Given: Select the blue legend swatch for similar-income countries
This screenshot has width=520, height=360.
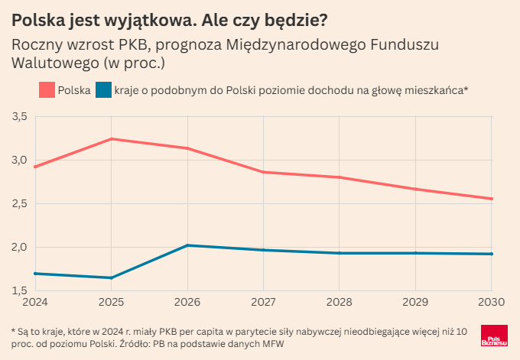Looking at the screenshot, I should (x=103, y=90).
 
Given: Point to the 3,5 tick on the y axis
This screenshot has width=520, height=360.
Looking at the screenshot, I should (x=20, y=116).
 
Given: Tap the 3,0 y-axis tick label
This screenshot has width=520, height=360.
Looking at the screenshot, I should (x=20, y=160).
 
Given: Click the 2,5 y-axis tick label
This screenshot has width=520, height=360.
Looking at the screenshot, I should (x=20, y=203).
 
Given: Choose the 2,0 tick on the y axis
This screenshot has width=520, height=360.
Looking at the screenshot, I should (x=20, y=247).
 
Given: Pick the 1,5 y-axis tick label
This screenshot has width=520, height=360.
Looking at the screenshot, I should (x=20, y=290).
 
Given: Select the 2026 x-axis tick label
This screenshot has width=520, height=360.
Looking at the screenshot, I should (x=187, y=303).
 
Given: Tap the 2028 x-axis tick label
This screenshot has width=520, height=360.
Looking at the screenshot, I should (x=339, y=303).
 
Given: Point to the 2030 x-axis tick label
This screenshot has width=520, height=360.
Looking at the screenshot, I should (x=490, y=303).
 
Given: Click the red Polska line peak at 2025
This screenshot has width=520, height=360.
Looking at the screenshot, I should (x=112, y=139).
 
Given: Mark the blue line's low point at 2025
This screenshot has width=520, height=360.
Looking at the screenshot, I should (x=112, y=277).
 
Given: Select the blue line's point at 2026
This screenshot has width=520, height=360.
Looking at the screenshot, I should (x=187, y=245).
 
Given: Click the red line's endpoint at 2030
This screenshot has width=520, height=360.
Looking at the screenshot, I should (x=491, y=199).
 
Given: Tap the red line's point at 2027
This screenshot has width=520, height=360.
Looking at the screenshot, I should (x=263, y=172).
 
